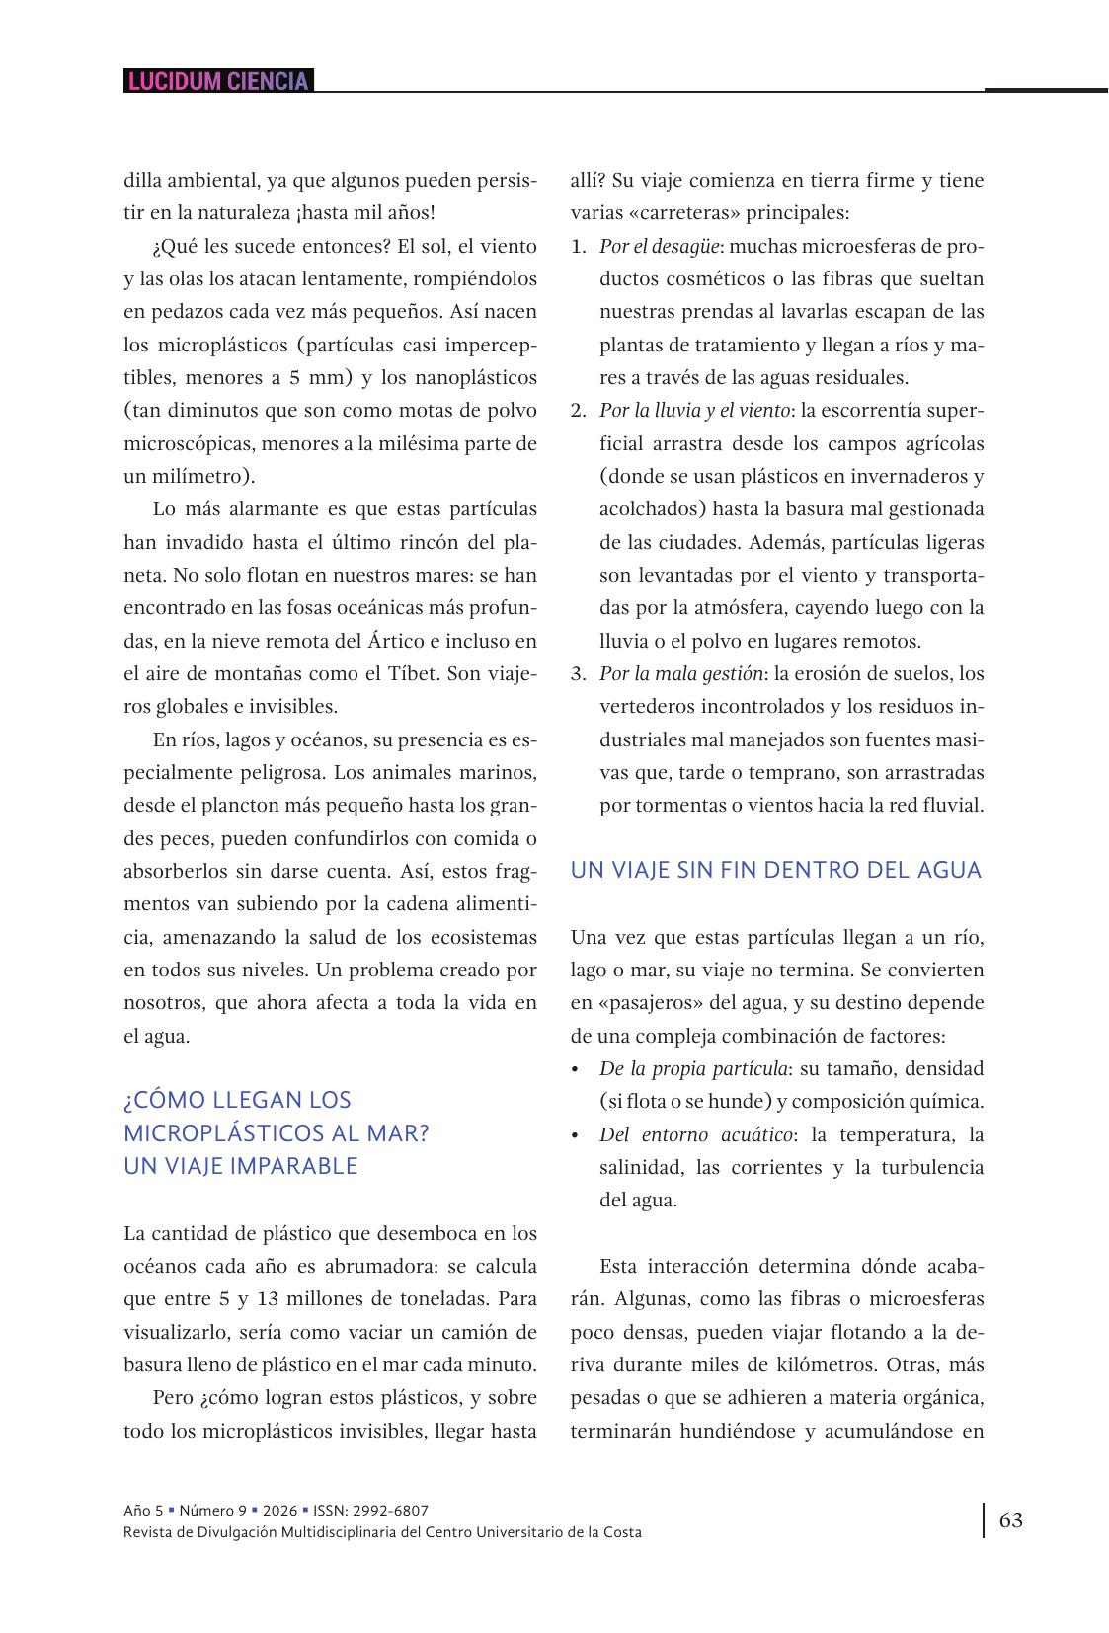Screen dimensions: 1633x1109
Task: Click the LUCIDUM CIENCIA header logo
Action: [218, 81]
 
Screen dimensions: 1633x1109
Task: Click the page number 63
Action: [1011, 1519]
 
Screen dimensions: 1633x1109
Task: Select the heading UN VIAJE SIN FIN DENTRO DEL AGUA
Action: [776, 870]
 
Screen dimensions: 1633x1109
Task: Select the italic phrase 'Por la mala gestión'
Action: [680, 674]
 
